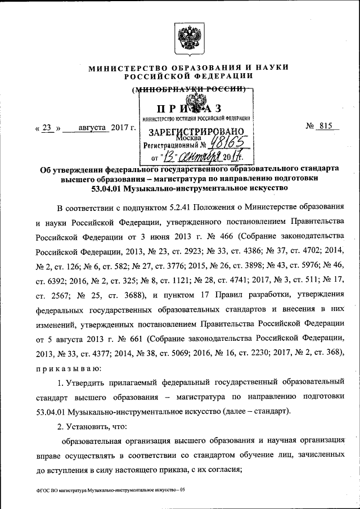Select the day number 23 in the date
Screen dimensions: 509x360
[48, 128]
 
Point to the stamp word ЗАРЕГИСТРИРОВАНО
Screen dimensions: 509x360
[197, 132]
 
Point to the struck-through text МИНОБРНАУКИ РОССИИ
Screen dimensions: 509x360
[191, 89]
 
